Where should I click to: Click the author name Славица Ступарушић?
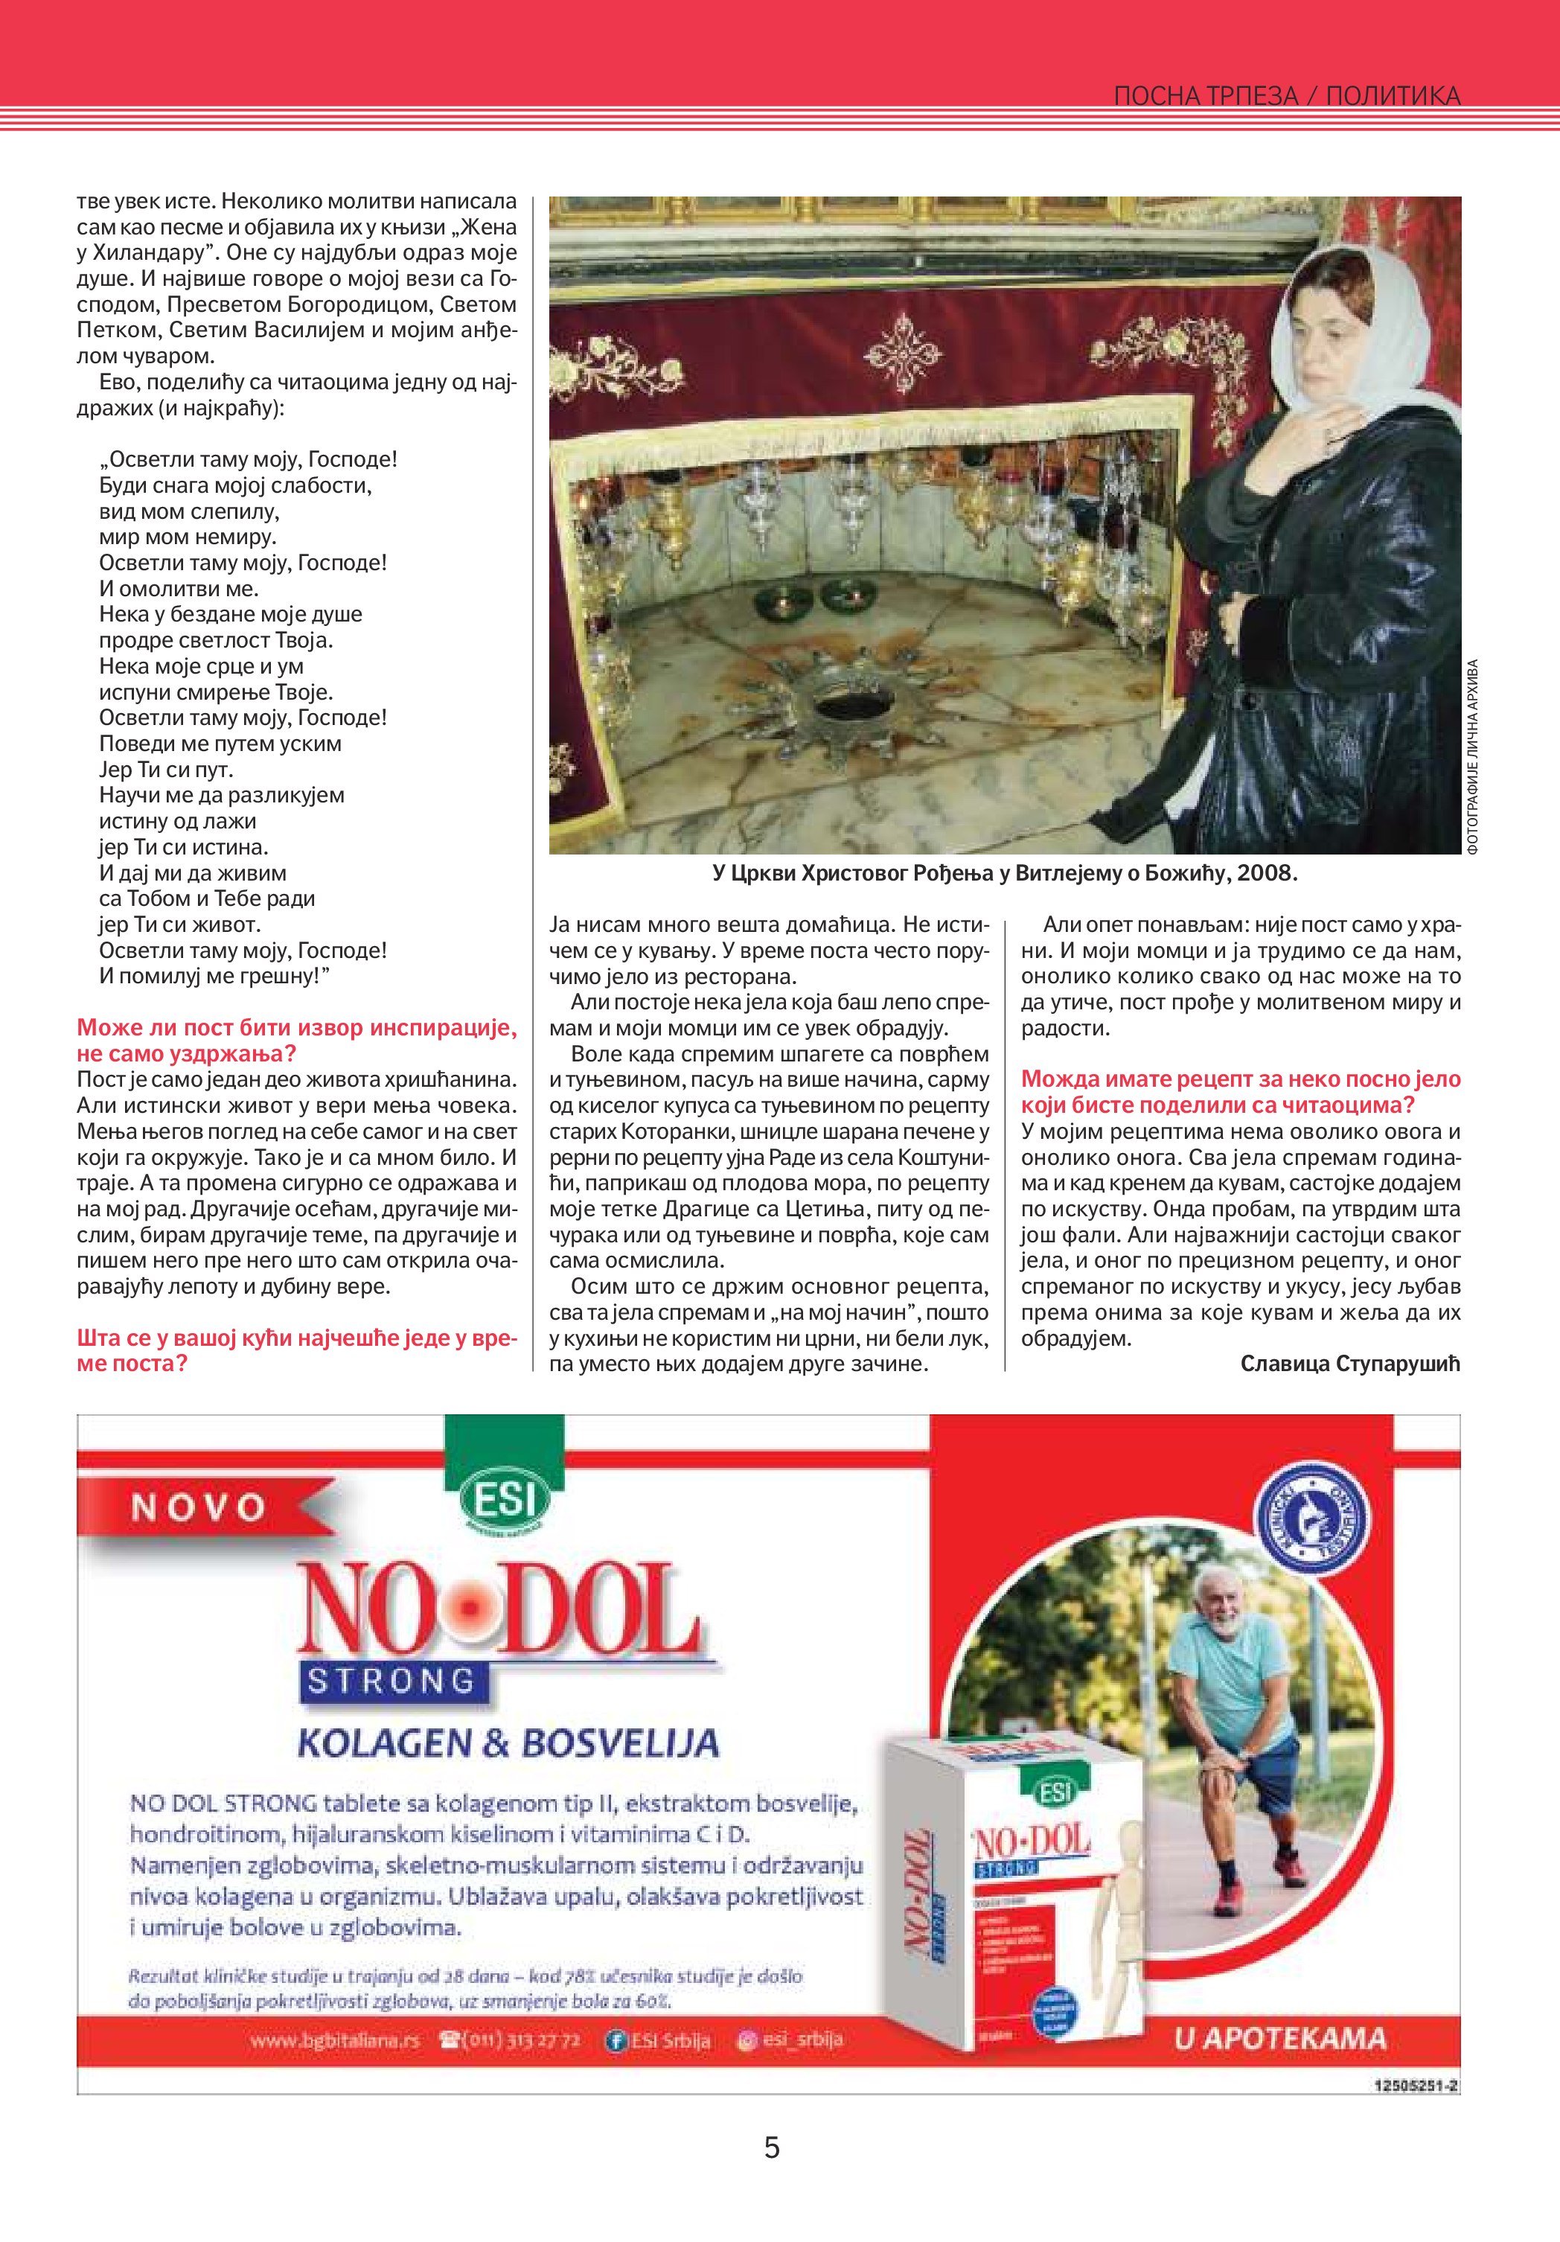pyautogui.click(x=1350, y=1363)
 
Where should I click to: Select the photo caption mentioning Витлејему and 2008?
pyautogui.click(x=1005, y=873)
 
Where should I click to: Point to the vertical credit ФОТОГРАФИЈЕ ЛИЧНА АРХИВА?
pyautogui.click(x=1472, y=757)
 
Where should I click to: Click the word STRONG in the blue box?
pyautogui.click(x=391, y=1681)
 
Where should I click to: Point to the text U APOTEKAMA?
pyautogui.click(x=1280, y=2039)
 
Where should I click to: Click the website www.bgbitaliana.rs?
pyautogui.click(x=334, y=2042)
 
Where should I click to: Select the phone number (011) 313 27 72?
pyautogui.click(x=511, y=2042)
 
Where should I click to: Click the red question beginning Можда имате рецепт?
pyautogui.click(x=1241, y=1092)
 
